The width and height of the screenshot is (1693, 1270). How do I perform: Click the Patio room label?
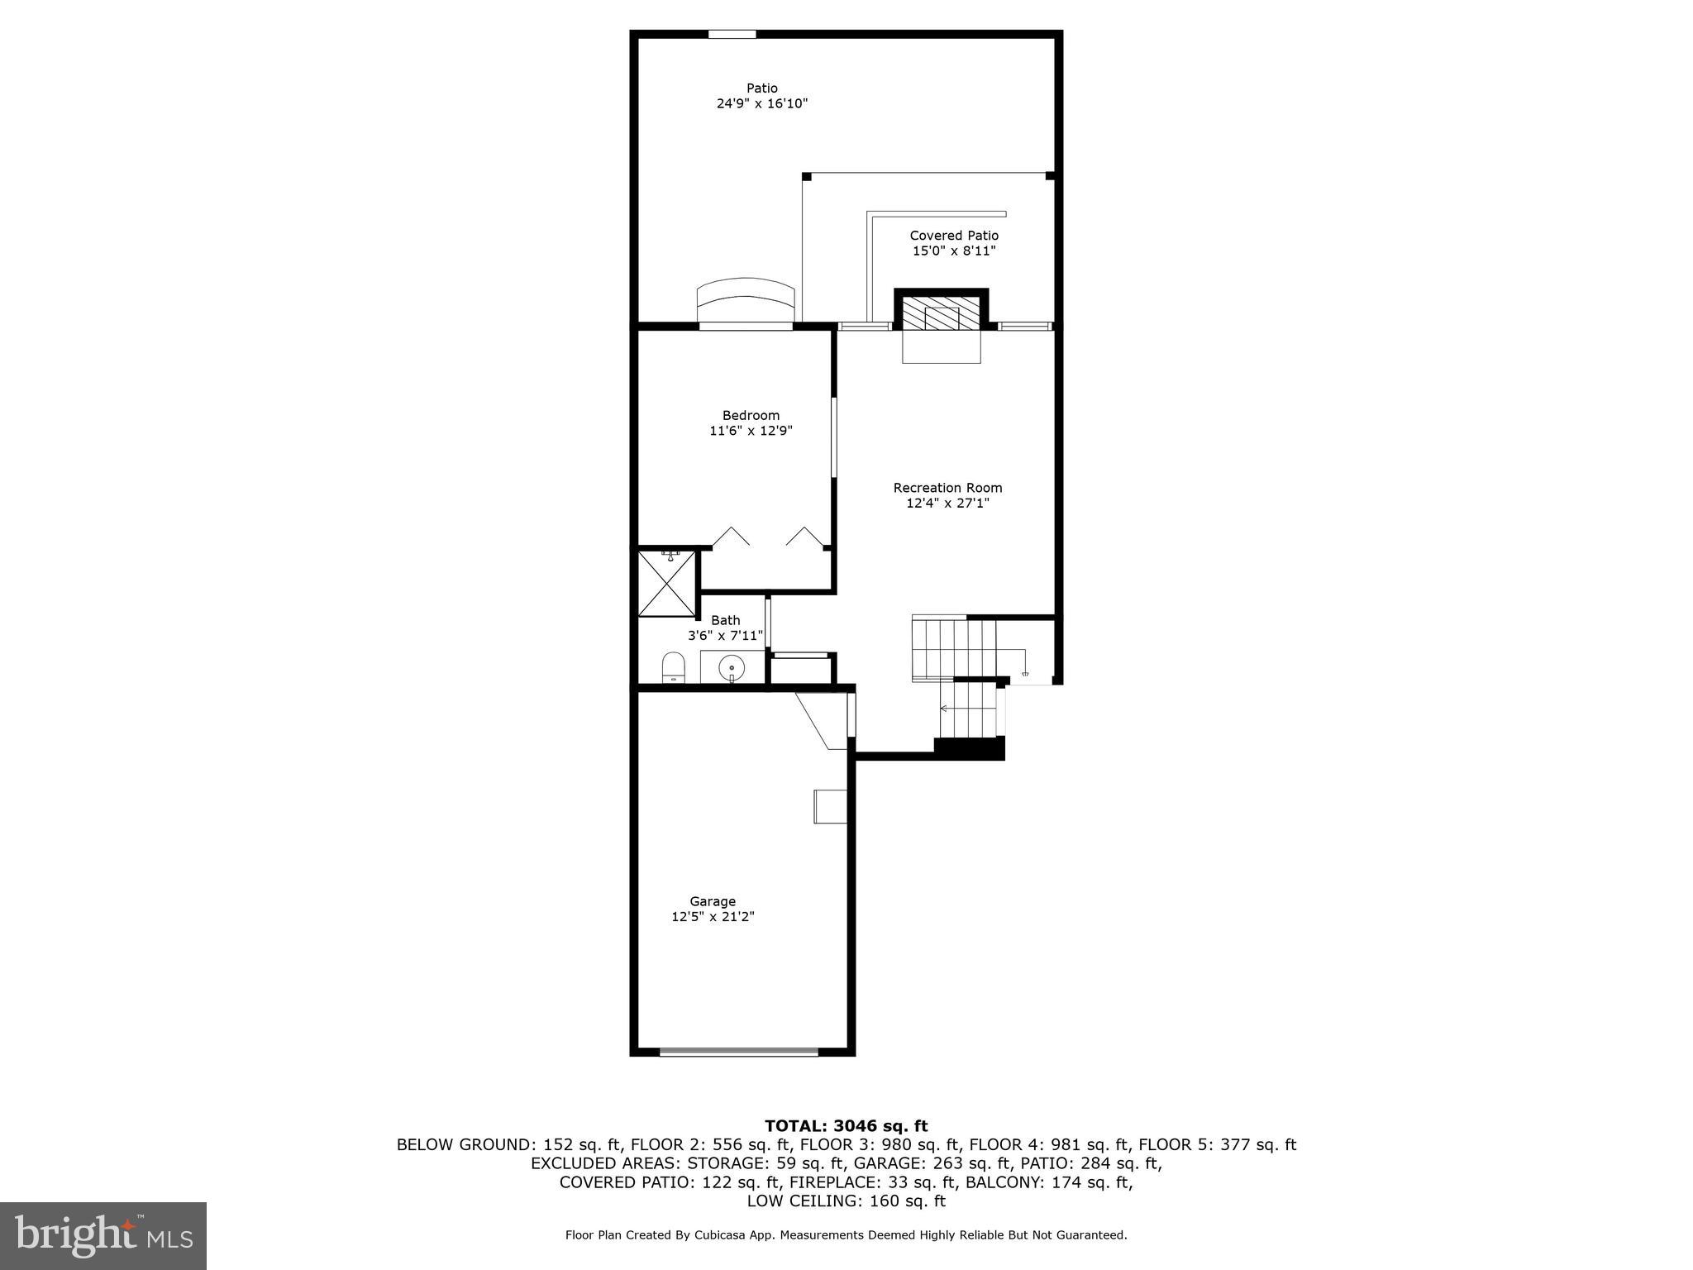(x=761, y=88)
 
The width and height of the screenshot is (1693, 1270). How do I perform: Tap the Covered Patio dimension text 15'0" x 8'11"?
(x=953, y=251)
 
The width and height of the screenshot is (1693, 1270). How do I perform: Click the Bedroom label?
(x=751, y=416)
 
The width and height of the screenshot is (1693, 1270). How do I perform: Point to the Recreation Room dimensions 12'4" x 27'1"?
(x=947, y=503)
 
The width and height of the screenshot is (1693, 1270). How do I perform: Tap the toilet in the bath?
(x=674, y=666)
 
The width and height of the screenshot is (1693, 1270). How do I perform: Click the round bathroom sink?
(x=732, y=666)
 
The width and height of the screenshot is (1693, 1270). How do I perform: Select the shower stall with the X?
(x=666, y=584)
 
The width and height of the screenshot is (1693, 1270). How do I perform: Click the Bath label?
(x=726, y=620)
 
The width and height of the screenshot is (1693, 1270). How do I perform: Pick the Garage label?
(x=713, y=901)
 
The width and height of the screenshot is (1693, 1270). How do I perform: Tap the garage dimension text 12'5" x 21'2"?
(x=713, y=917)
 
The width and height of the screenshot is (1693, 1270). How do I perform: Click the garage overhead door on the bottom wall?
(x=739, y=1052)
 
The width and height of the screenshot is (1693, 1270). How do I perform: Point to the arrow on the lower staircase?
(x=944, y=709)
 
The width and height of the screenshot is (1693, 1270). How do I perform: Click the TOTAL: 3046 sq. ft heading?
(x=846, y=1126)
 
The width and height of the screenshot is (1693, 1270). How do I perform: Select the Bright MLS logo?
(x=103, y=1236)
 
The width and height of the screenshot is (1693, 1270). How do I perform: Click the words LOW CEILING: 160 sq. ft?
(x=846, y=1201)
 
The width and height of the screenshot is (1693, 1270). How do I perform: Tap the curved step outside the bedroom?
(x=746, y=301)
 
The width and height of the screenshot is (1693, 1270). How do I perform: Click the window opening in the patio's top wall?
(x=732, y=35)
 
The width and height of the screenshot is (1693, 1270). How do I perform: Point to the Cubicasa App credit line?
(x=846, y=1235)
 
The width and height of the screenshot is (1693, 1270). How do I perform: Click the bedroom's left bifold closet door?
(x=731, y=537)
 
